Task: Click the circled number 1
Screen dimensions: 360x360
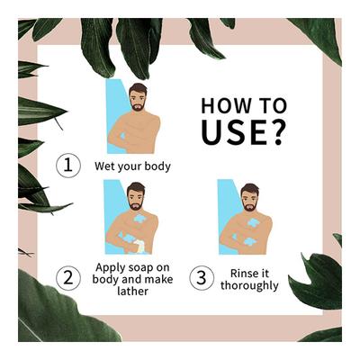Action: pyautogui.click(x=68, y=166)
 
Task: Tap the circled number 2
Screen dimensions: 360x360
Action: pyautogui.click(x=68, y=278)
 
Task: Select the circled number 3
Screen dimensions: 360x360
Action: pyautogui.click(x=202, y=278)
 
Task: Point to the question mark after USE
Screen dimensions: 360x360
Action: pyautogui.click(x=276, y=132)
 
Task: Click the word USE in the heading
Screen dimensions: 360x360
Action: pyautogui.click(x=234, y=132)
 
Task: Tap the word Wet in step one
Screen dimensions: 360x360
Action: pyautogui.click(x=104, y=166)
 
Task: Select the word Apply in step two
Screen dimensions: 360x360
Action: pyautogui.click(x=109, y=268)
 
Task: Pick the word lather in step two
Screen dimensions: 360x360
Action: pyautogui.click(x=132, y=291)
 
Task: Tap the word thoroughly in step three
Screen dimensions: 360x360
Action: pyautogui.click(x=249, y=285)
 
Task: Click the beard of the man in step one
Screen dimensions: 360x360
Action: pyautogui.click(x=138, y=105)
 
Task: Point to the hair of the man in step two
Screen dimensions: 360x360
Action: pyautogui.click(x=136, y=187)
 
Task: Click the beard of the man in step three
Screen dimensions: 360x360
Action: pyautogui.click(x=249, y=206)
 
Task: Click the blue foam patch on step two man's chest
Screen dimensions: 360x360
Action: pyautogui.click(x=139, y=219)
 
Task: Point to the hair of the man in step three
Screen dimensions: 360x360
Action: pyautogui.click(x=249, y=189)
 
